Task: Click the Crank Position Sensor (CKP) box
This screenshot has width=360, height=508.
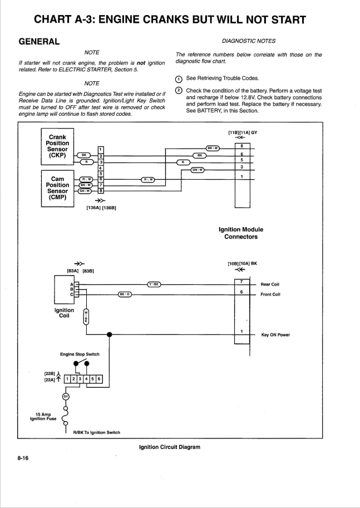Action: (57, 146)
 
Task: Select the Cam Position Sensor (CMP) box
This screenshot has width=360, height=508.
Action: (57, 188)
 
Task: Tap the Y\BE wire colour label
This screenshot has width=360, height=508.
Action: (154, 284)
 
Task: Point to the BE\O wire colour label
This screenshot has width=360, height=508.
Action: (125, 294)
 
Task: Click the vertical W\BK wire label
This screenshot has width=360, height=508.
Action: (86, 316)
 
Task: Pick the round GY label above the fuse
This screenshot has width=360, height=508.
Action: (66, 396)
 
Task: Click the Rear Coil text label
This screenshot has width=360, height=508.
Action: (270, 284)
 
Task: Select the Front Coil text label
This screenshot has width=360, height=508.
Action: (270, 294)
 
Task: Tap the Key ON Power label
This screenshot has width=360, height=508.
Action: (275, 335)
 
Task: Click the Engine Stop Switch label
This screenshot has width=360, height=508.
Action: (80, 354)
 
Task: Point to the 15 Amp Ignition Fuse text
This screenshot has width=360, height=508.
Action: (43, 416)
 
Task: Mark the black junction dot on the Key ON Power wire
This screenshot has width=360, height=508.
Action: (110, 334)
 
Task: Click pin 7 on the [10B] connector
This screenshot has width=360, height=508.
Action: (241, 282)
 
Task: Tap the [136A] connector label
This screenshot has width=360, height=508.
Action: (93, 208)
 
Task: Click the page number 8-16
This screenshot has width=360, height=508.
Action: (23, 458)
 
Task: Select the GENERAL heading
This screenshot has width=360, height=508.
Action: (39, 42)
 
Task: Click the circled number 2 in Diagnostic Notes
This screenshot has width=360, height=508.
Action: (179, 91)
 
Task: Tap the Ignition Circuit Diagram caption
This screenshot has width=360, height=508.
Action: (170, 447)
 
